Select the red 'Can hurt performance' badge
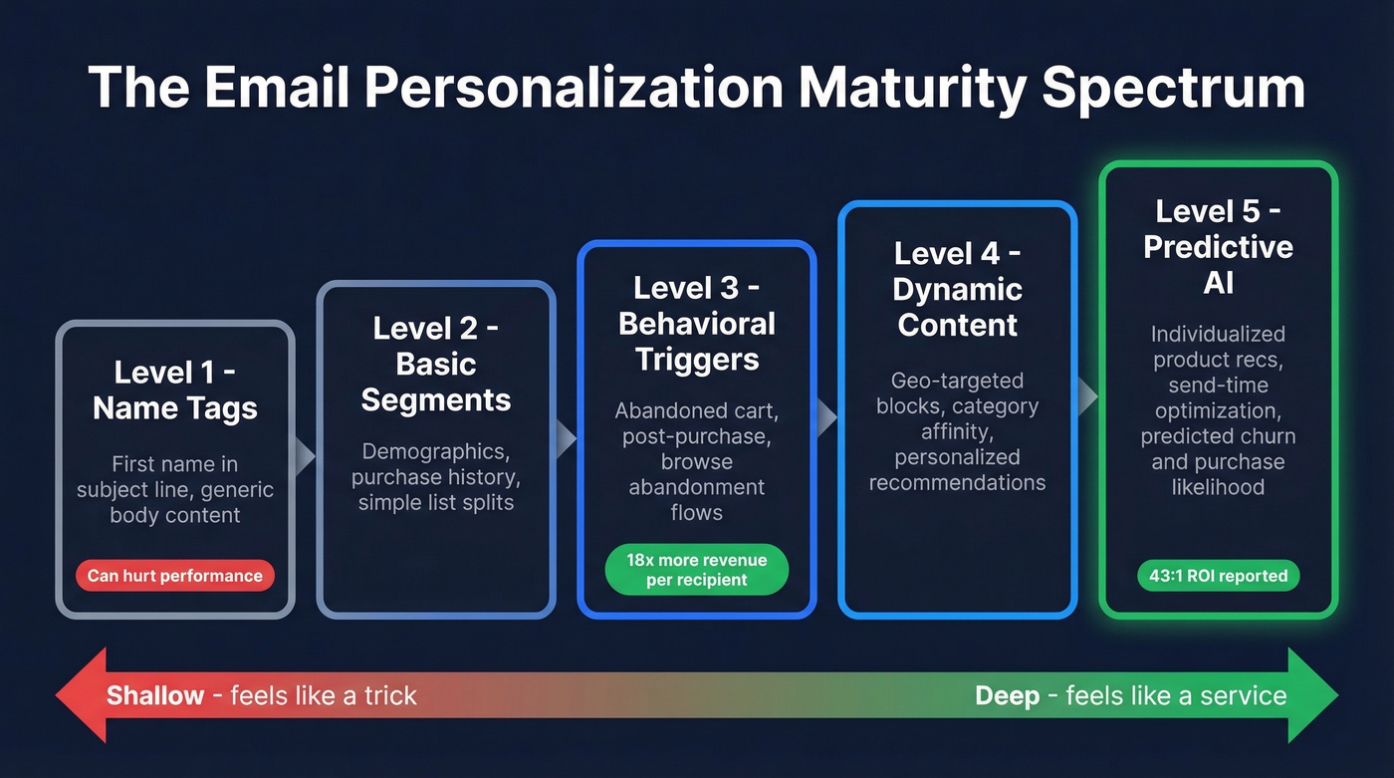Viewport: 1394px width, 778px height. (x=175, y=575)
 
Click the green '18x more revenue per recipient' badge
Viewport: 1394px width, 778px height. (x=697, y=570)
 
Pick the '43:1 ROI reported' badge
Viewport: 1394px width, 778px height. (x=1219, y=575)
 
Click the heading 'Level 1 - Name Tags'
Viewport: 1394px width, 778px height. (x=175, y=389)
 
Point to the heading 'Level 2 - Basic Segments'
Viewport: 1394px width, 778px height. (x=436, y=364)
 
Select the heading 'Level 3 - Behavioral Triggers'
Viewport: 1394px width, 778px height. (x=697, y=324)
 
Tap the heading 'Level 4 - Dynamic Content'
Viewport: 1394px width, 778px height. (x=958, y=289)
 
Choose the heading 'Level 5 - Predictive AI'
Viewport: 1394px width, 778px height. (x=1219, y=246)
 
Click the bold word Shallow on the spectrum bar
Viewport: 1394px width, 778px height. (x=155, y=695)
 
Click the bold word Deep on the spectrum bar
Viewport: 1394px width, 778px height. (x=1007, y=695)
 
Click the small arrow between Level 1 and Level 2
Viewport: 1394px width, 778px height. (x=306, y=455)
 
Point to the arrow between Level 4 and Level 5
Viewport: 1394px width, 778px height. (x=1087, y=397)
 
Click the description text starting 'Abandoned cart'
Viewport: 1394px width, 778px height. (x=697, y=461)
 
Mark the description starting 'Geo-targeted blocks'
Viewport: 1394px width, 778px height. (x=958, y=431)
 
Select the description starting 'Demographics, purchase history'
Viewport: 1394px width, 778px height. (x=436, y=477)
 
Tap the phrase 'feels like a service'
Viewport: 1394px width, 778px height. (x=1176, y=695)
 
